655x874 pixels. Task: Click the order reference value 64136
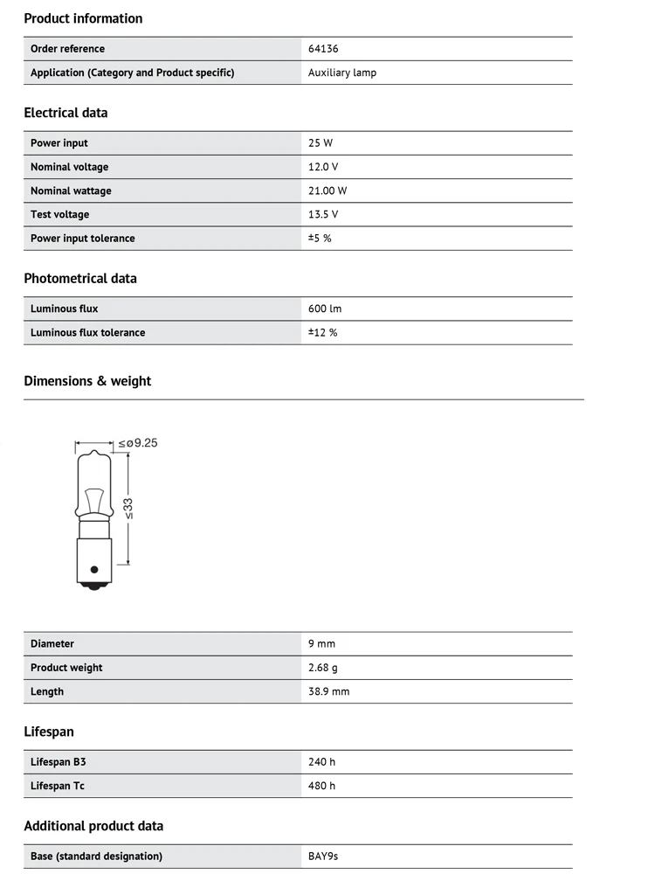pos(323,49)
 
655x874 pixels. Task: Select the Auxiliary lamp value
pos(342,73)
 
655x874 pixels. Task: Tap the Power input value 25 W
pos(321,143)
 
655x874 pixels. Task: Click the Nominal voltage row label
pos(70,167)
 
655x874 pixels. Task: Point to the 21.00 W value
pos(327,191)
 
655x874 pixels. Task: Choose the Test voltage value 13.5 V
pos(323,214)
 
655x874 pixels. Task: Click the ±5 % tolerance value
pos(320,238)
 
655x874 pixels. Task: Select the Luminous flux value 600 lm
pos(326,309)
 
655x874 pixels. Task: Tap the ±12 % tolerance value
pos(322,332)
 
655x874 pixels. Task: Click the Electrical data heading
pos(65,113)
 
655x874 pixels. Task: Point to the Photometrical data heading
pos(80,279)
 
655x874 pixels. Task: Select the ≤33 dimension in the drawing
pos(129,508)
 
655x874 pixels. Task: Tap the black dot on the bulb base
pos(94,570)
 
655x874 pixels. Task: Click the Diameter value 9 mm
pos(321,644)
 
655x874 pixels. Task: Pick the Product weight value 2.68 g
pos(322,668)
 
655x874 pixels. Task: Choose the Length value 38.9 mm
pos(328,691)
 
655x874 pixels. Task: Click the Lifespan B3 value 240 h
pos(321,762)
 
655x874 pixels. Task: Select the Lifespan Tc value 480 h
pos(321,786)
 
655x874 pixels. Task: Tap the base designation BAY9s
pos(323,857)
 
